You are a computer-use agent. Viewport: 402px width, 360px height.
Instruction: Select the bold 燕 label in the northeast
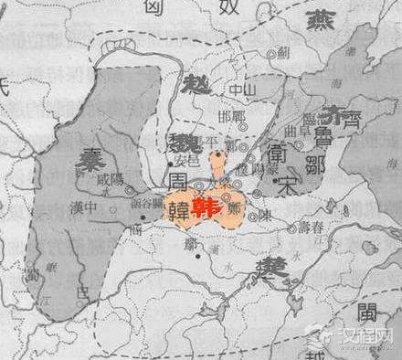point(323,22)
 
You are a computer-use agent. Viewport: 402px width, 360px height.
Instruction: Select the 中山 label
point(216,90)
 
